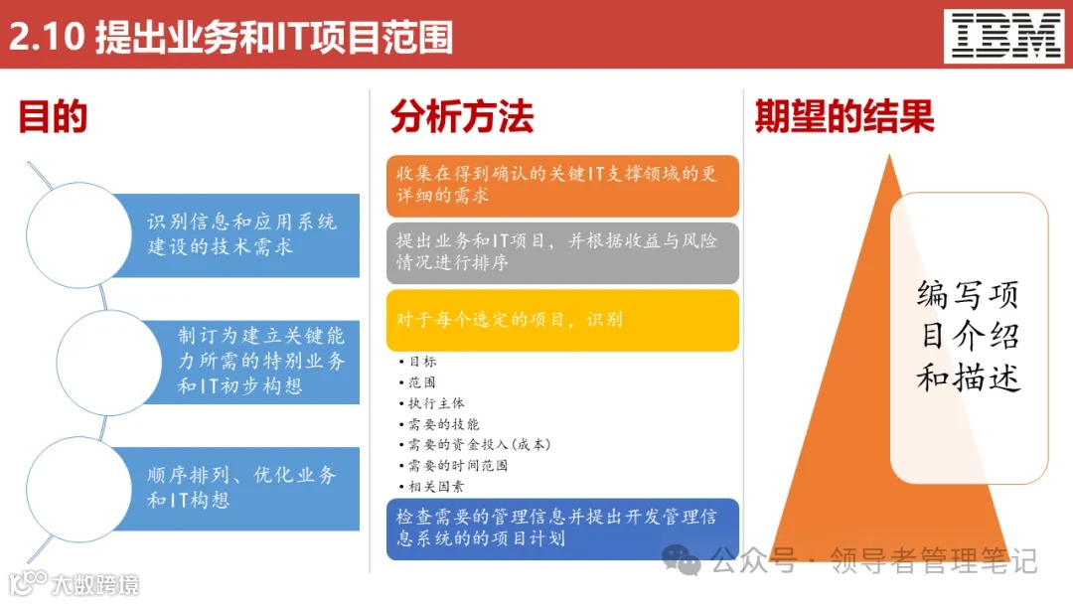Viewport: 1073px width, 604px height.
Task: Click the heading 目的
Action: click(x=53, y=117)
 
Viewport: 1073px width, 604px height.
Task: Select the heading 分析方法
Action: click(x=462, y=117)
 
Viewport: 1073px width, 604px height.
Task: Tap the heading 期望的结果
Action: click(x=844, y=117)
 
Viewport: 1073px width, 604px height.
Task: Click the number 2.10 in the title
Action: click(x=47, y=37)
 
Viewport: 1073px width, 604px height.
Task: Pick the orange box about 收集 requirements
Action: click(x=562, y=185)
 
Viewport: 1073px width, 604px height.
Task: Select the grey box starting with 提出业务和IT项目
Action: click(x=562, y=252)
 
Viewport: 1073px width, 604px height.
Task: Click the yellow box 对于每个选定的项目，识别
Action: click(x=562, y=320)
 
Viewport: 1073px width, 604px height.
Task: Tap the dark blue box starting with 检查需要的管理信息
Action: click(x=562, y=528)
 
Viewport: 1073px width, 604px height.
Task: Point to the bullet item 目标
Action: click(x=421, y=362)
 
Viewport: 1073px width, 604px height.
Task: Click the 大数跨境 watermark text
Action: click(x=94, y=584)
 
